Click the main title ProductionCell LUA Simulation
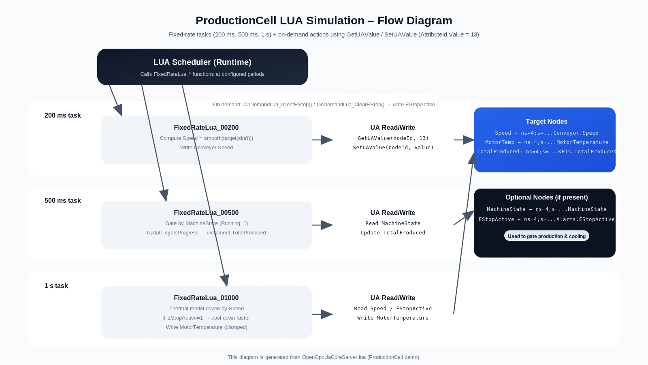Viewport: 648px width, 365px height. coord(324,21)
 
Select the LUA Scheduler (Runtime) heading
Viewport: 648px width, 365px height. coord(202,62)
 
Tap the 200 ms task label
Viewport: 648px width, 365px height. coord(62,116)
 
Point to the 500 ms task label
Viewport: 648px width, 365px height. coord(62,201)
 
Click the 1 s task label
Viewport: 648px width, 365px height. coord(56,286)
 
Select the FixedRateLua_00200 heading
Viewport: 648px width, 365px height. coord(206,128)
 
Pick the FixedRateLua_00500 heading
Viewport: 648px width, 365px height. coord(206,213)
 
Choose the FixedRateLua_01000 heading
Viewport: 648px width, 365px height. coord(206,298)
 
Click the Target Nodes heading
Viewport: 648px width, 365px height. coord(546,122)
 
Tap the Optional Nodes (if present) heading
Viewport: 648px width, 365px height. coord(546,198)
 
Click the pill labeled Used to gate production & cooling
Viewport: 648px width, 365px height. coord(546,236)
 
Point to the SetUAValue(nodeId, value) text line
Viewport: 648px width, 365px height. coord(393,148)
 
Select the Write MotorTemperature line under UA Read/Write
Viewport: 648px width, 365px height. coord(393,318)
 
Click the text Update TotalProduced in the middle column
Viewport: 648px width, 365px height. coord(393,233)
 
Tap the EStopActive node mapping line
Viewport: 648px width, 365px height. coord(546,219)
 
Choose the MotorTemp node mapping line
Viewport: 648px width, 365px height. coord(546,142)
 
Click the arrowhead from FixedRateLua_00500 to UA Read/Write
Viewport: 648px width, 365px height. coord(327,225)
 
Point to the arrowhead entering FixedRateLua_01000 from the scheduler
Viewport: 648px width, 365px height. coord(225,281)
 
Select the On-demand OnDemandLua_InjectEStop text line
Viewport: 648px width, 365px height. coord(324,105)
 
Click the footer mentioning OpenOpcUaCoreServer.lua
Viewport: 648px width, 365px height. coord(324,357)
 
